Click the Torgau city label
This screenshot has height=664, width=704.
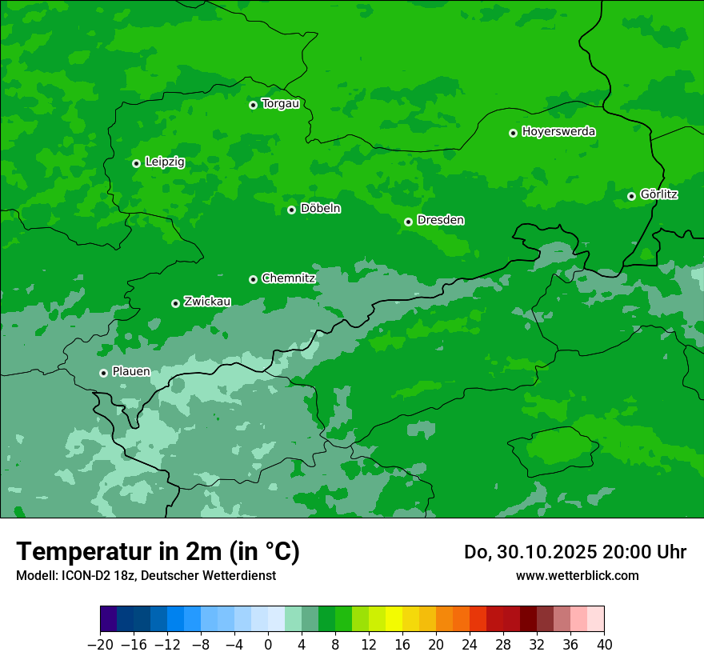(280, 104)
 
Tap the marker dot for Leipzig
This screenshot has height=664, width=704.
(136, 163)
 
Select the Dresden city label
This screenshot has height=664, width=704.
(440, 220)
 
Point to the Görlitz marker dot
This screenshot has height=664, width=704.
(631, 196)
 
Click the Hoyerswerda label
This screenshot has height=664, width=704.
(558, 132)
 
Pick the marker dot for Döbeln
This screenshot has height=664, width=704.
(291, 210)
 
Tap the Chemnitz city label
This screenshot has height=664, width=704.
(288, 278)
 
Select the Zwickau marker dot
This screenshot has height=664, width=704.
(175, 303)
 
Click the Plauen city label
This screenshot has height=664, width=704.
(130, 372)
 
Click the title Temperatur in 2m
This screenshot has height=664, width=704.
(158, 551)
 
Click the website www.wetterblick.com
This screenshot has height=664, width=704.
(577, 575)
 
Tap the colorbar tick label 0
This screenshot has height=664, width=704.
(268, 644)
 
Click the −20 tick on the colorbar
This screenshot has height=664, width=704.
(100, 644)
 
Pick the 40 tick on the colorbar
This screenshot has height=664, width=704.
(604, 644)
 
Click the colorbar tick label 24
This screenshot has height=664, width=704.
(470, 644)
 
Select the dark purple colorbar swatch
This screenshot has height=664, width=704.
(109, 619)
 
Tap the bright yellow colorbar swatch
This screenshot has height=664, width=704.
(394, 619)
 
